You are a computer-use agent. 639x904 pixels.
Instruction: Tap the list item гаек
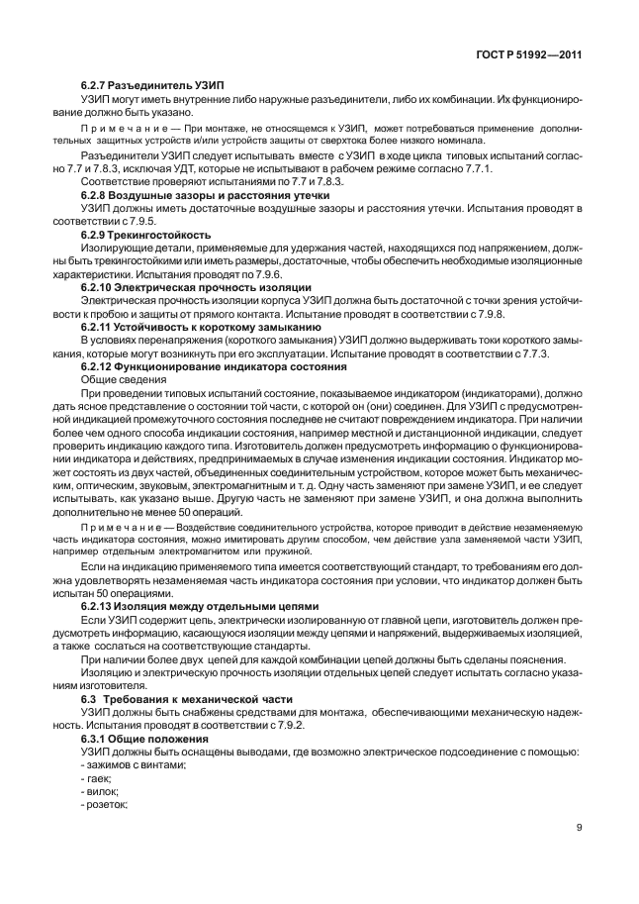point(98,778)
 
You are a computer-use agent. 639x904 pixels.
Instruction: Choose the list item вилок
point(100,791)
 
